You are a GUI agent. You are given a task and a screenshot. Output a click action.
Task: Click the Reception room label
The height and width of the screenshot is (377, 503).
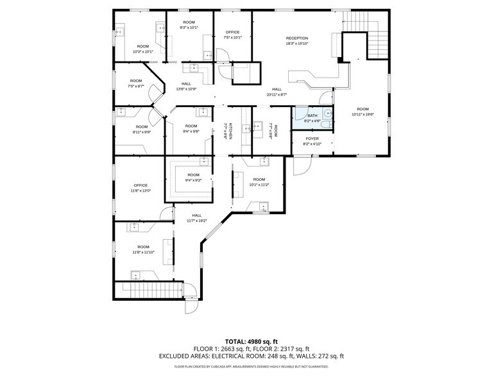coord(296,41)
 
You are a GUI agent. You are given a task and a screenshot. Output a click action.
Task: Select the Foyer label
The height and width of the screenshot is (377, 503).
coord(312,141)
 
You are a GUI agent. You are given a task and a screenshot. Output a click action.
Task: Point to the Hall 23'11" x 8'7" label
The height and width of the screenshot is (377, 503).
coord(277,92)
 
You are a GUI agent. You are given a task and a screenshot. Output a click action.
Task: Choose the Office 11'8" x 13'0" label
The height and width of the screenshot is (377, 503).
coord(141,188)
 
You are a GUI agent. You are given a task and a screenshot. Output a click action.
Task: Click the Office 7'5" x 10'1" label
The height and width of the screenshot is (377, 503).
coord(232,35)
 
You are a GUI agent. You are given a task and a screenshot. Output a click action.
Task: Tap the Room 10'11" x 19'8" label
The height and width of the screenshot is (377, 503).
coord(363,112)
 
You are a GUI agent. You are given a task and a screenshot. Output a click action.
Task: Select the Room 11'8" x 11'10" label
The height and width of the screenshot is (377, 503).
coord(142,249)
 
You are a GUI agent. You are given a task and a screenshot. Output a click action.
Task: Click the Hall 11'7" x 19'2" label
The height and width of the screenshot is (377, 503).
coord(196,218)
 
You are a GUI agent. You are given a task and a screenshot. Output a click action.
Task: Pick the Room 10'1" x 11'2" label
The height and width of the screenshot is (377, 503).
coord(259,181)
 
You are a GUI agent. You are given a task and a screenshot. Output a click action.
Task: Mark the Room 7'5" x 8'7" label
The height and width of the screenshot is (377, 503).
coord(135,83)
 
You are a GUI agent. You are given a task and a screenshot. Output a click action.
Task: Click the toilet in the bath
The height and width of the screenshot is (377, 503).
coord(327,115)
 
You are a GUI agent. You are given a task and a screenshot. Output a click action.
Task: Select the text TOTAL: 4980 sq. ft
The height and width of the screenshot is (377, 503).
coord(251,341)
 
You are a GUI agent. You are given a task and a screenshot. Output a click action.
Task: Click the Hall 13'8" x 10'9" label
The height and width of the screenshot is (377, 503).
coord(186,86)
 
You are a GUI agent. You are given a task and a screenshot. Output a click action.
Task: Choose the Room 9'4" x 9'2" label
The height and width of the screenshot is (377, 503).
coord(193,178)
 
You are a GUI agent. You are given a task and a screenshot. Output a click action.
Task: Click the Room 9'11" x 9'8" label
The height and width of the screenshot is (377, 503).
coord(142,130)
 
